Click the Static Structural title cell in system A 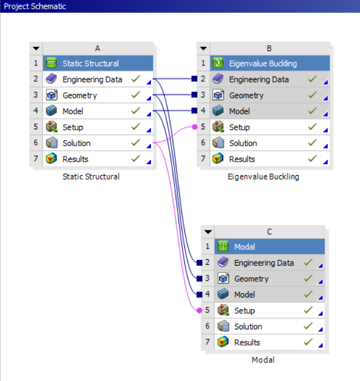coord(90,64)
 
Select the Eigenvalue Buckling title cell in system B coord(263,64)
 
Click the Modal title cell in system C coord(245,247)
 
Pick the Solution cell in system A coord(77,143)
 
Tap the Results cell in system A coord(75,159)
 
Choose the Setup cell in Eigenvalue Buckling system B coord(239,128)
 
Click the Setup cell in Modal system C coord(245,311)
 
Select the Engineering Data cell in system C coord(264,263)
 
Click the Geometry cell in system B coord(246,96)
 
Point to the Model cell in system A coord(73,111)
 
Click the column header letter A coord(97,49)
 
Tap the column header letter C coord(269,232)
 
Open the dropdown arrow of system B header coord(203,49)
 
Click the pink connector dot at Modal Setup coord(199,311)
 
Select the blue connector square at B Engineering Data coord(195,79)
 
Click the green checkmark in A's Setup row coord(136,127)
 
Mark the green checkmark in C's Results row coord(308,342)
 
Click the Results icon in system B coord(219,159)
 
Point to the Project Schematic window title coord(35,6)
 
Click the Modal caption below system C coord(263,360)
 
